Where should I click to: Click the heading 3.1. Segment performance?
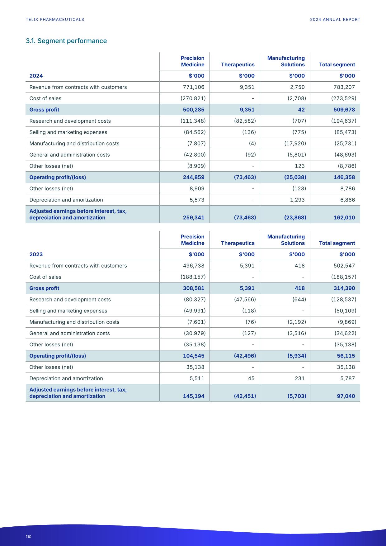pos(66,41)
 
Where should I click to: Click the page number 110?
pos(28,537)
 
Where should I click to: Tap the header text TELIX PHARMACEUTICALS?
pos(55,19)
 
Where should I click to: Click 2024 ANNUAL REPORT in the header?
pos(335,19)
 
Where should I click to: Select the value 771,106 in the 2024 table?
pos(194,87)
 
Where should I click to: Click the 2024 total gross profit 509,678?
pos(344,110)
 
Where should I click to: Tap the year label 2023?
pos(36,254)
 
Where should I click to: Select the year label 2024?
pos(36,76)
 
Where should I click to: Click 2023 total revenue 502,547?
pos(344,266)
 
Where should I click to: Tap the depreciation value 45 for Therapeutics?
pos(251,378)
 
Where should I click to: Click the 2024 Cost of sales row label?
pos(45,98)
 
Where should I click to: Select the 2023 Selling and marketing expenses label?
pos(68,311)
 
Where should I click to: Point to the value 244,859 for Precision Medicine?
pos(194,177)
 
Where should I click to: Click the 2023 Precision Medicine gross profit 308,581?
pos(194,288)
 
